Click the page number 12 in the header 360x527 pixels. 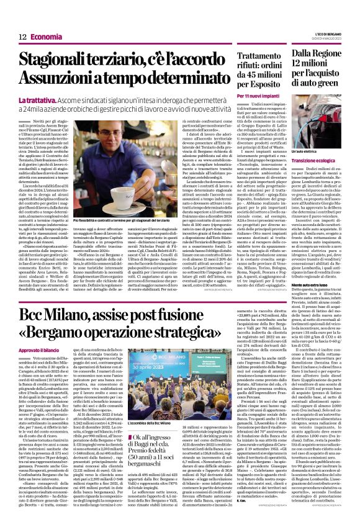coord(21,20)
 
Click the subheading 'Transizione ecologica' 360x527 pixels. coord(325,160)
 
